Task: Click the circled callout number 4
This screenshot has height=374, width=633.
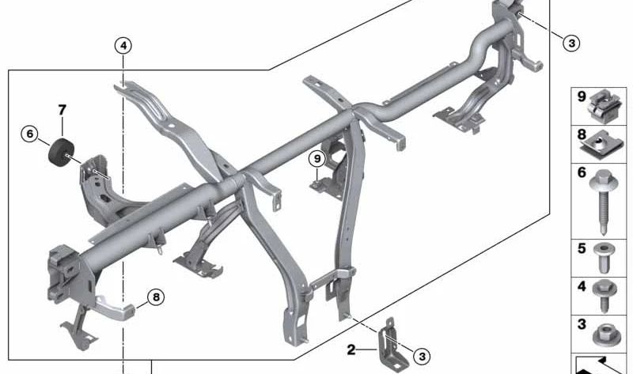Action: pyautogui.click(x=123, y=46)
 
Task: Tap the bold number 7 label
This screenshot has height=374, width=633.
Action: pyautogui.click(x=62, y=110)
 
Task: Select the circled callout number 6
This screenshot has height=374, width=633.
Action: pyautogui.click(x=29, y=134)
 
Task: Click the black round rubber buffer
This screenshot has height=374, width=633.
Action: pyautogui.click(x=62, y=152)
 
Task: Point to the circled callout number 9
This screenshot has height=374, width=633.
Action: pyautogui.click(x=317, y=159)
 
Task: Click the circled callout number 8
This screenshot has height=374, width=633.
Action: pyautogui.click(x=156, y=297)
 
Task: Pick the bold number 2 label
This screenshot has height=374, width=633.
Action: pyautogui.click(x=351, y=349)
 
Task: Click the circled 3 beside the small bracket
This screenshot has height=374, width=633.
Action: pyautogui.click(x=422, y=357)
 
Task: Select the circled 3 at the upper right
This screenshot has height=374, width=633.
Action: pyautogui.click(x=571, y=43)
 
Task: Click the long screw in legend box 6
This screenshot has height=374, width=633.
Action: pyautogui.click(x=604, y=202)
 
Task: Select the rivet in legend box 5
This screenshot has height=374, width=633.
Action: pyautogui.click(x=604, y=258)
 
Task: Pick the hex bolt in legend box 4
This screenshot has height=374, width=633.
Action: pyautogui.click(x=605, y=296)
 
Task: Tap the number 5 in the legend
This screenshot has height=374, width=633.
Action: pyautogui.click(x=582, y=248)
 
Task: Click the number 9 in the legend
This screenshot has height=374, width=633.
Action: pyautogui.click(x=582, y=96)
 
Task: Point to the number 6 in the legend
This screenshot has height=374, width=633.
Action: pyautogui.click(x=582, y=172)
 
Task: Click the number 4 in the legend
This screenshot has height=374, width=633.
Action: pyautogui.click(x=582, y=286)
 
